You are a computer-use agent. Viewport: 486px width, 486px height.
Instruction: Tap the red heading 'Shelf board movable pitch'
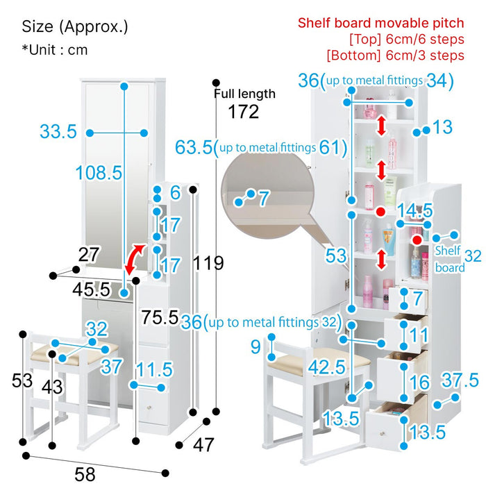pyautogui.click(x=380, y=23)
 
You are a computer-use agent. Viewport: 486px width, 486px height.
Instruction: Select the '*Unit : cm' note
pyautogui.click(x=55, y=50)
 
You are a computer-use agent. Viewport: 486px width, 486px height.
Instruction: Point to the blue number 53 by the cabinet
pyautogui.click(x=336, y=255)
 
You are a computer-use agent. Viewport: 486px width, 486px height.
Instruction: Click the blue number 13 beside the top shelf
pyautogui.click(x=442, y=127)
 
